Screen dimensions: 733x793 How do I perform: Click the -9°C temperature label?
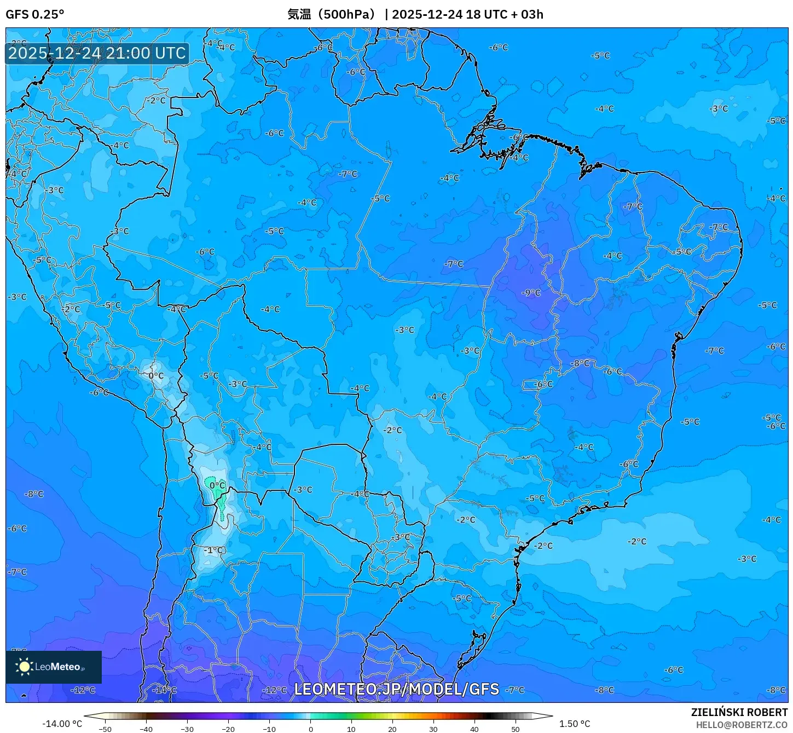click(531, 293)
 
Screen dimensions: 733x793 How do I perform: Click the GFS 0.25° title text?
click(34, 14)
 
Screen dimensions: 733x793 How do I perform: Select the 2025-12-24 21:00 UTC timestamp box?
click(97, 53)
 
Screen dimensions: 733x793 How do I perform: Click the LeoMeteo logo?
click(54, 667)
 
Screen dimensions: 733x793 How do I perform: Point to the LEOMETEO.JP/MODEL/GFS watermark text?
click(396, 689)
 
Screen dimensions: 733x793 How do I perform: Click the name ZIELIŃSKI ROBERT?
click(739, 712)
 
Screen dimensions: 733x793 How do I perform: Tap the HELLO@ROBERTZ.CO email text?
click(741, 725)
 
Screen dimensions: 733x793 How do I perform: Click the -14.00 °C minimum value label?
click(62, 724)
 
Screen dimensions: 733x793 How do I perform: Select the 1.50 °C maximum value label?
click(574, 724)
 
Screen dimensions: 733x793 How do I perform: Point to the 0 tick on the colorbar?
click(310, 729)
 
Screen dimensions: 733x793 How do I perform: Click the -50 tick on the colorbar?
click(105, 729)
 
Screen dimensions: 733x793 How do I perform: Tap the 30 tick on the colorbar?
click(433, 729)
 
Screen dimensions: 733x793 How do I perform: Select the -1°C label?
click(214, 550)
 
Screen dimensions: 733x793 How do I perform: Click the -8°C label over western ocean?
click(34, 494)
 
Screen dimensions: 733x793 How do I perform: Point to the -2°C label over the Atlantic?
click(636, 541)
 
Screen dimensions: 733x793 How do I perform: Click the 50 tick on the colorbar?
click(515, 729)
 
